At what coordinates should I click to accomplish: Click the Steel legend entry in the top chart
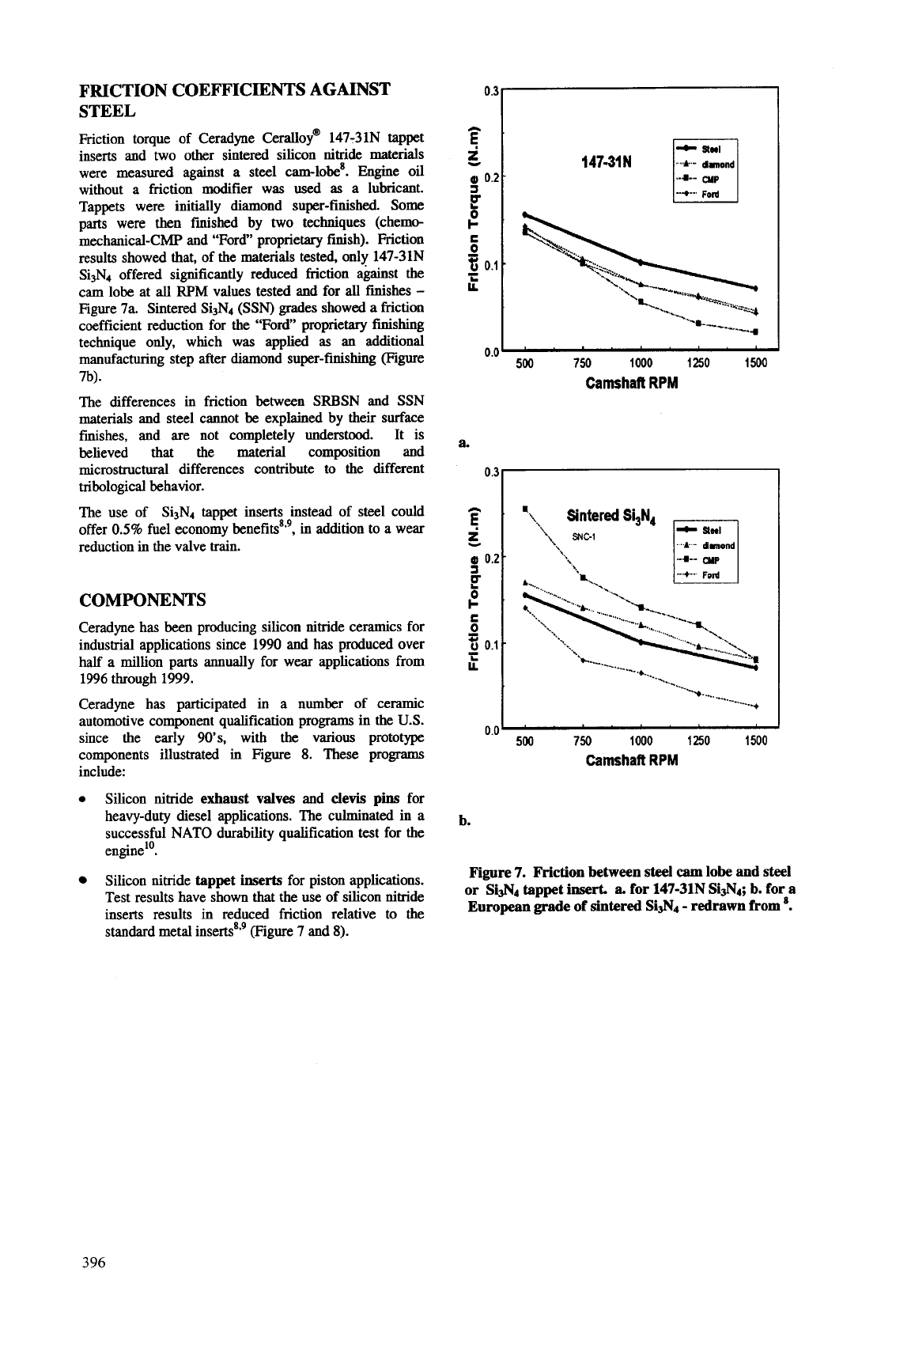[x=713, y=147]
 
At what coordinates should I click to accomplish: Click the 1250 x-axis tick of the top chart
[x=698, y=364]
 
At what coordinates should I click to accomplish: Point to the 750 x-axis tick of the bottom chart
[x=581, y=741]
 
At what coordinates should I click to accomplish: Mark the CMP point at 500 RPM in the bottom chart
[x=525, y=508]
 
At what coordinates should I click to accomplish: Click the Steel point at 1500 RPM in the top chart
[x=756, y=287]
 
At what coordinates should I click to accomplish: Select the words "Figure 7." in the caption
[x=498, y=872]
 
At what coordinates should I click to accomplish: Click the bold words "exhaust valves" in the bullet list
[x=238, y=798]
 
